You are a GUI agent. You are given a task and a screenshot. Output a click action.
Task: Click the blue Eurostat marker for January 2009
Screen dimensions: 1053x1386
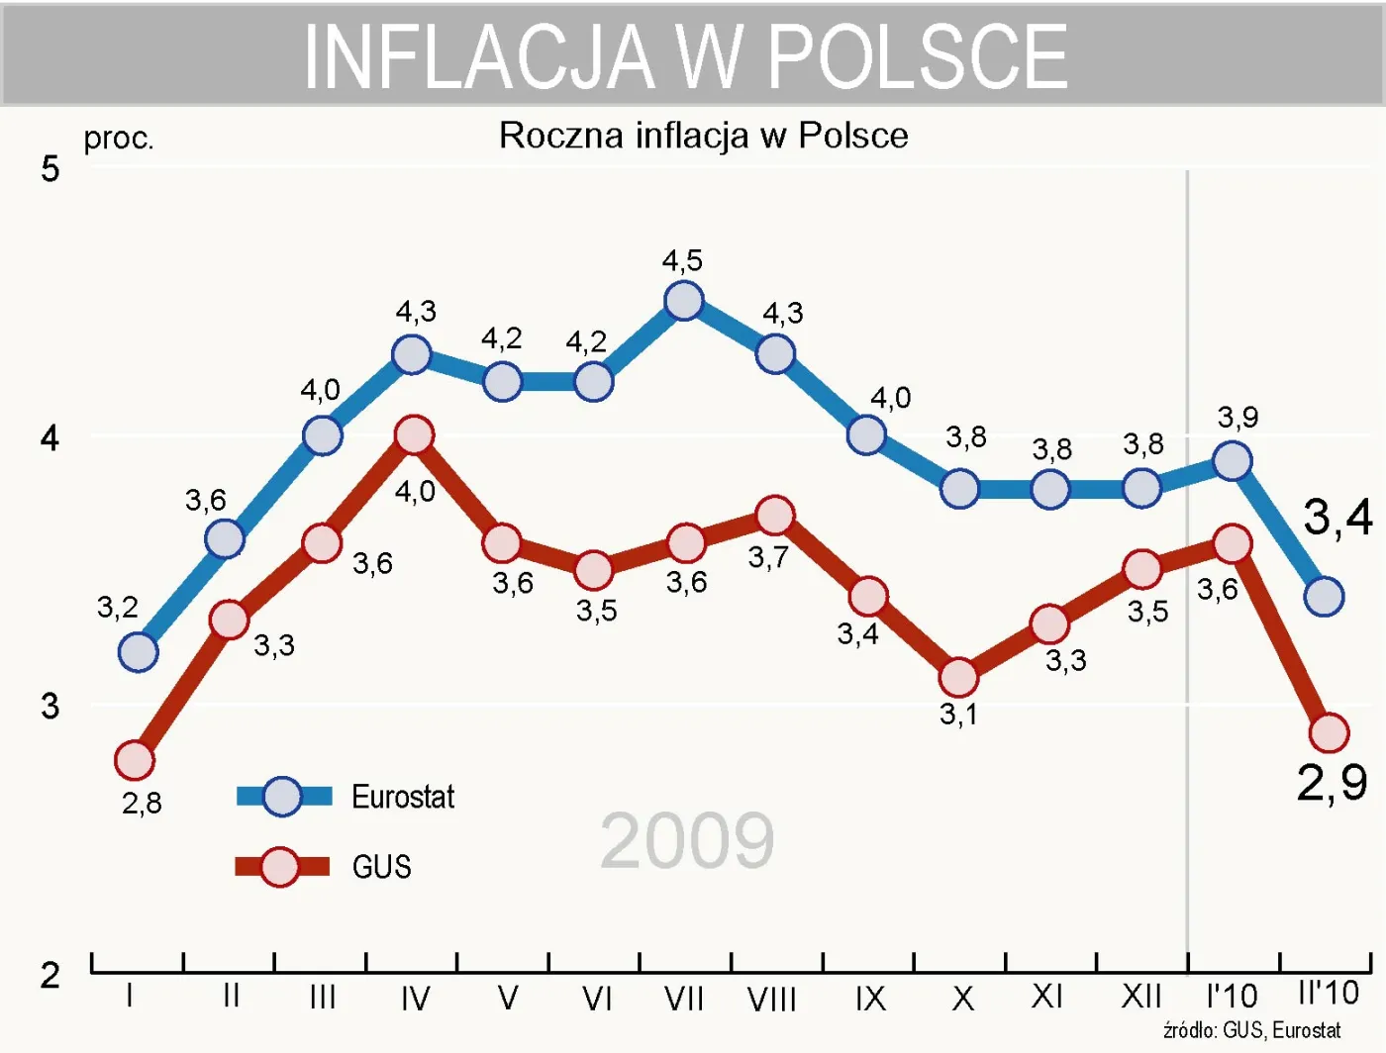tap(138, 651)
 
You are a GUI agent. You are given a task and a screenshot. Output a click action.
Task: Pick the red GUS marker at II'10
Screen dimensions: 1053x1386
tap(1329, 732)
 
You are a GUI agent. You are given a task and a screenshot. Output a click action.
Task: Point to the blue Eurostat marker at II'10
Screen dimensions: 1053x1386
tap(1324, 596)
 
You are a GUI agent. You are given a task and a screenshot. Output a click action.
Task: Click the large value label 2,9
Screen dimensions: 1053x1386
tap(1333, 783)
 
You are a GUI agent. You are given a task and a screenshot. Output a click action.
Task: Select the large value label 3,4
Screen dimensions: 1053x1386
tap(1337, 518)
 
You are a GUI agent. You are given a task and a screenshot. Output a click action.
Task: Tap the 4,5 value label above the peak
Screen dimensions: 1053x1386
tap(682, 260)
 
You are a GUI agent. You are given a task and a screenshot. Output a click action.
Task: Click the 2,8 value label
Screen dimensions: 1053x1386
tap(142, 803)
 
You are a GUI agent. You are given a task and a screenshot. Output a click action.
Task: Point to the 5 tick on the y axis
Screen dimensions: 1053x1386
tap(49, 169)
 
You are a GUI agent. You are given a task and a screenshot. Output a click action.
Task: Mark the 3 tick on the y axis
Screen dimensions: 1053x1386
tap(49, 707)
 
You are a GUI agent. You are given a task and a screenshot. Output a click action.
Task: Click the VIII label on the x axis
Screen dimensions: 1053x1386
tap(771, 999)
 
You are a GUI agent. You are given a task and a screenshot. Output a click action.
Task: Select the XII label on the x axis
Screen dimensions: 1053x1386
tap(1140, 996)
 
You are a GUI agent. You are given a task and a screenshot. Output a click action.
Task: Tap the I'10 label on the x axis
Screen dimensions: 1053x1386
tap(1232, 996)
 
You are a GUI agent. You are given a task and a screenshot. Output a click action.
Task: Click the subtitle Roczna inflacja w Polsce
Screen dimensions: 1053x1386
tap(703, 136)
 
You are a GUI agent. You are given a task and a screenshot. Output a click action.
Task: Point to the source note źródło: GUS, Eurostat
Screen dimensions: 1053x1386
tap(1251, 1030)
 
